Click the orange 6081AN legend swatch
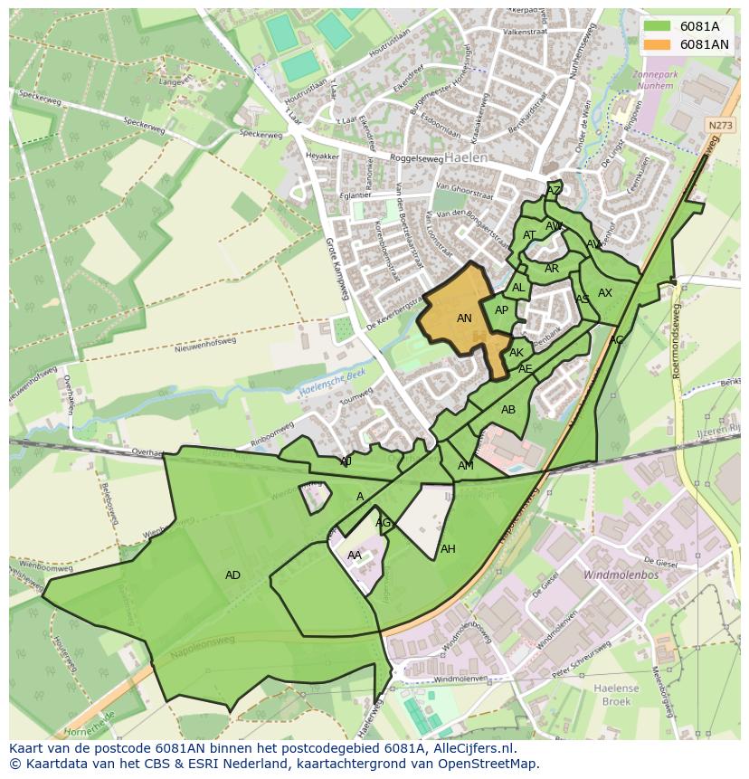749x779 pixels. (659, 44)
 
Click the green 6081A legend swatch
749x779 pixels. (659, 26)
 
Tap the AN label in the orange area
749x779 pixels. (464, 318)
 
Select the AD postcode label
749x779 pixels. (232, 575)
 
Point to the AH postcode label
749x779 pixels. (448, 549)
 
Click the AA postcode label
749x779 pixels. (355, 556)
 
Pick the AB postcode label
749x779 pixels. (508, 410)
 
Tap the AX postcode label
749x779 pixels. (605, 293)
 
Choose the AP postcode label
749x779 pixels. (501, 310)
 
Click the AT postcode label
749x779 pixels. (529, 235)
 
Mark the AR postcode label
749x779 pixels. (552, 269)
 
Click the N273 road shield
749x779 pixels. (719, 126)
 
